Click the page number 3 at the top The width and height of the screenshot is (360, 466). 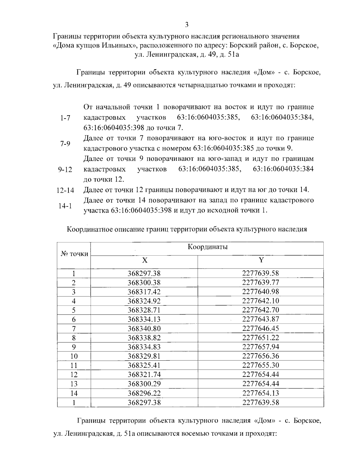pyautogui.click(x=186, y=24)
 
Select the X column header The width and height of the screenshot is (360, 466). pyautogui.click(x=144, y=260)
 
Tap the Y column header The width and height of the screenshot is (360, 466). pyautogui.click(x=261, y=260)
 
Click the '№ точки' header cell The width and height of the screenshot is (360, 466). pyautogui.click(x=74, y=254)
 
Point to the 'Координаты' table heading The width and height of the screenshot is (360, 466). pyautogui.click(x=207, y=247)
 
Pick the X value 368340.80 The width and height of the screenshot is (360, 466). pyautogui.click(x=144, y=328)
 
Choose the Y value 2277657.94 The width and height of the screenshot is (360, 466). pyautogui.click(x=260, y=347)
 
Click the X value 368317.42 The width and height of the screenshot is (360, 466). pyautogui.click(x=144, y=292)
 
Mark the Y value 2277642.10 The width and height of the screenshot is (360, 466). pyautogui.click(x=260, y=301)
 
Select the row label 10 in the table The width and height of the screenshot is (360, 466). pyautogui.click(x=74, y=356)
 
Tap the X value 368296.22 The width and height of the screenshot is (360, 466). pyautogui.click(x=144, y=393)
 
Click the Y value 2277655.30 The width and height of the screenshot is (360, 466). pyautogui.click(x=260, y=365)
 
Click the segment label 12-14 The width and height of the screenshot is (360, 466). pyautogui.click(x=65, y=191)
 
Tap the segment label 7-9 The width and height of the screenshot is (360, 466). pyautogui.click(x=65, y=143)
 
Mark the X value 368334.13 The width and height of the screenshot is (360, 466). pyautogui.click(x=144, y=319)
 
